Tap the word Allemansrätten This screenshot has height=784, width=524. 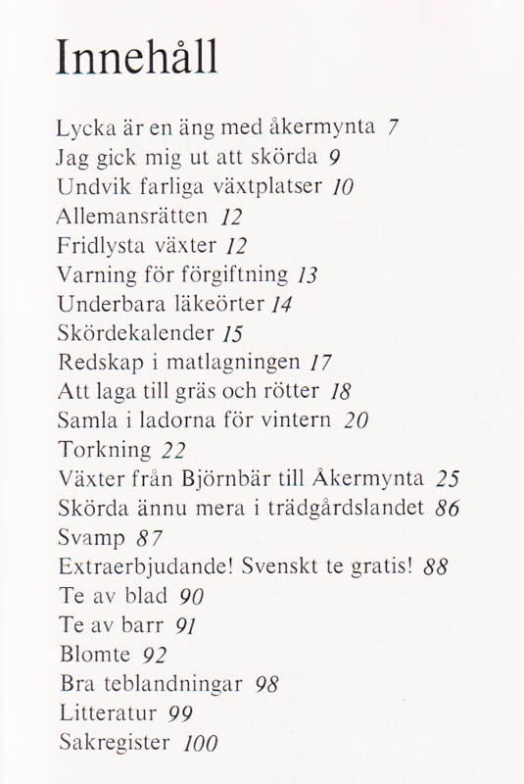132,215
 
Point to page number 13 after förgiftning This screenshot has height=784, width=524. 310,273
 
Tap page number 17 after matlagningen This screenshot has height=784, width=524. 321,362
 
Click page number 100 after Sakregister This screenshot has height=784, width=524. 201,743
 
